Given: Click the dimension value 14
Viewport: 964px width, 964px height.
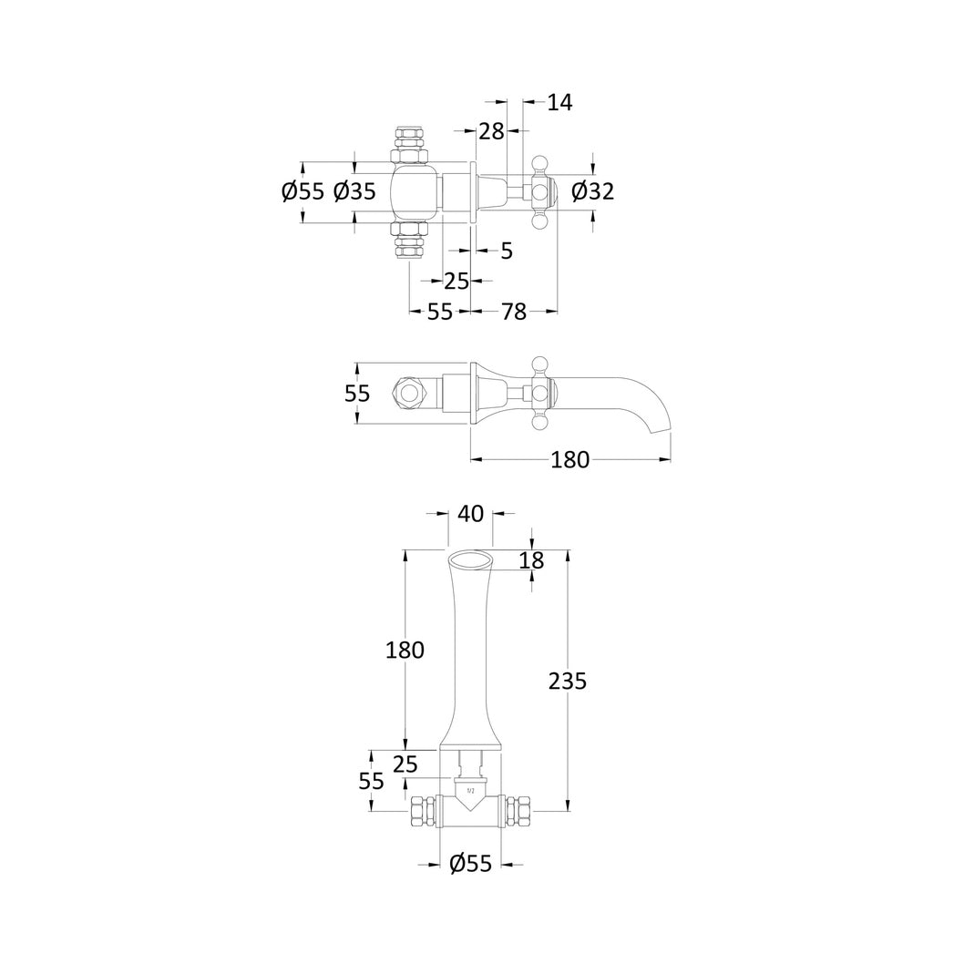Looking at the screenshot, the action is [x=559, y=102].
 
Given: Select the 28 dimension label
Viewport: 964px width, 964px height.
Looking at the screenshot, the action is [x=491, y=131].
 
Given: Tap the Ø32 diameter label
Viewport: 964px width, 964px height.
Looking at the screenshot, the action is [x=592, y=192].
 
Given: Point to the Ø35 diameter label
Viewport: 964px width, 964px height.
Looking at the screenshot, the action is [x=354, y=192].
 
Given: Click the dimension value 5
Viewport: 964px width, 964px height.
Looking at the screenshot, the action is [x=507, y=251].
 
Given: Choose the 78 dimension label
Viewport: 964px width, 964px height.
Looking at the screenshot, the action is [x=514, y=312].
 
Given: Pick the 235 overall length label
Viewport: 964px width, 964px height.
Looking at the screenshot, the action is [x=568, y=682].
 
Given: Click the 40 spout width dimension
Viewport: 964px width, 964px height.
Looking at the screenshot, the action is [x=471, y=513].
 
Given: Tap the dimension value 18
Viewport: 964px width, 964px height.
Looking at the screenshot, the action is [x=532, y=560].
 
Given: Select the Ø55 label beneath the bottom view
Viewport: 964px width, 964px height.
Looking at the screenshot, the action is [x=471, y=864].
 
